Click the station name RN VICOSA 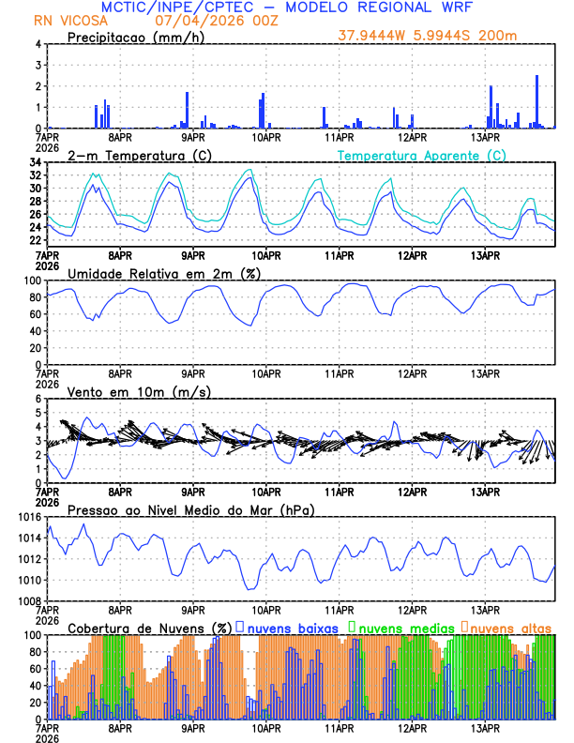click(70, 20)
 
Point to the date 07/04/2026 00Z click(204, 20)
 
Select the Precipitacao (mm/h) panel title click(133, 37)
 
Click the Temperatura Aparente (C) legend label click(421, 155)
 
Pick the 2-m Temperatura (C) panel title click(137, 155)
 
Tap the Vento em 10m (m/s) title click(139, 391)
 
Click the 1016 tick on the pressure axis click(29, 517)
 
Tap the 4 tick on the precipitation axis click(38, 44)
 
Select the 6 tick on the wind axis click(38, 399)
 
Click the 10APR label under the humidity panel click(266, 373)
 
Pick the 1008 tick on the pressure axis click(29, 600)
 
